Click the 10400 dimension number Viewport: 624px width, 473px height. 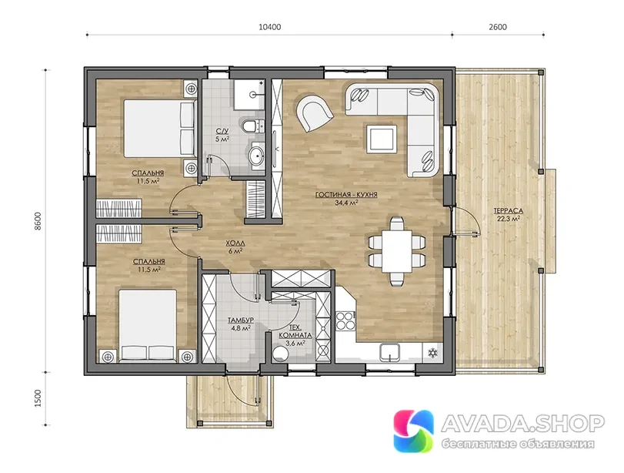[x=269, y=27]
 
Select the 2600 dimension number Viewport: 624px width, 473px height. [x=498, y=27]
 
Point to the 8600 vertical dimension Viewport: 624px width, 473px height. [x=38, y=221]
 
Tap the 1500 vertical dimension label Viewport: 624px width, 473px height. [x=38, y=398]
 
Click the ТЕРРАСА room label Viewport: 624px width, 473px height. [x=508, y=211]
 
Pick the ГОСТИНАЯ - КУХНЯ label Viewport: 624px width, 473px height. [x=346, y=195]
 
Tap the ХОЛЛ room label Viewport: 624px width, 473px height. [x=235, y=243]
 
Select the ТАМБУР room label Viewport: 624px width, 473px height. [x=240, y=320]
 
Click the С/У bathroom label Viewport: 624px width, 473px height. [x=222, y=132]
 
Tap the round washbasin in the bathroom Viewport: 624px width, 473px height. [x=257, y=156]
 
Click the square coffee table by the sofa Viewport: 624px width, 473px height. [x=381, y=139]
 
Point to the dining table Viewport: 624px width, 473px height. [x=397, y=251]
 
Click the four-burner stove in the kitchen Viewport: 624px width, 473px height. [x=345, y=320]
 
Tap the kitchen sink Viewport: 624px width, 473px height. [x=389, y=352]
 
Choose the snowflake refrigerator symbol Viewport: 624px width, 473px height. [x=432, y=353]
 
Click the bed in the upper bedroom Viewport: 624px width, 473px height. [x=160, y=129]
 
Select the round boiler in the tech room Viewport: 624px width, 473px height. [x=282, y=354]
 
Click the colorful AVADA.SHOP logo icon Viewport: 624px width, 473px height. [x=413, y=431]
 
